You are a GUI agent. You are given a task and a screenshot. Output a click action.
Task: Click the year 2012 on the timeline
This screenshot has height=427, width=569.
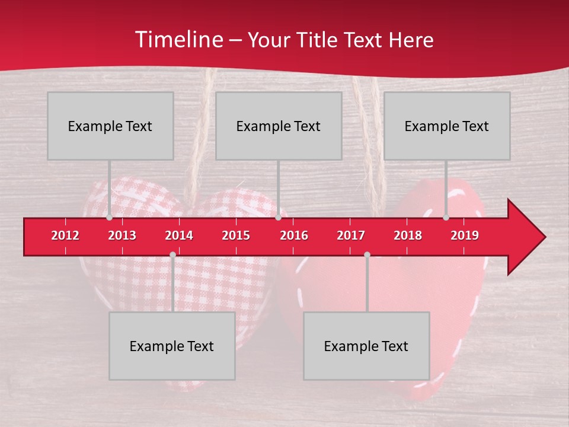[65, 235]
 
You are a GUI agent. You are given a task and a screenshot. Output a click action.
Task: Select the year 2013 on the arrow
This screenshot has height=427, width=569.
[122, 235]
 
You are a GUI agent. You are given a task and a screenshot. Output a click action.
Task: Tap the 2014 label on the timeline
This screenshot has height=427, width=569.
[179, 235]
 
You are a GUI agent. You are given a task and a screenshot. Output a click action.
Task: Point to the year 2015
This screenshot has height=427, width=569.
[236, 235]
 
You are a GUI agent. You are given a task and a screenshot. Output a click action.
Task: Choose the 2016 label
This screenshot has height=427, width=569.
[294, 235]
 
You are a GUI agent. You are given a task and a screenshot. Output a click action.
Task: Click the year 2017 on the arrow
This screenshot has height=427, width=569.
[351, 235]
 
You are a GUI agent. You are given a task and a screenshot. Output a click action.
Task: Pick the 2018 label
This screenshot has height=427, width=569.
[408, 235]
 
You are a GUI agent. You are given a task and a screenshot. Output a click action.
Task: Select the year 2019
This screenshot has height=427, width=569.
[465, 235]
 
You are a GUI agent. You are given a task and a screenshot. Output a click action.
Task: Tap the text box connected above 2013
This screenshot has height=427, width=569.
[110, 126]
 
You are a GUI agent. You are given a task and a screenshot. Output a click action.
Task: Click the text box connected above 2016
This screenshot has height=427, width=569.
[279, 126]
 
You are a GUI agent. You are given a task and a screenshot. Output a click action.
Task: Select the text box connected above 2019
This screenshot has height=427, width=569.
[447, 126]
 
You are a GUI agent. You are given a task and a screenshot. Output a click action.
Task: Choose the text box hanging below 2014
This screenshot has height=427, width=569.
[172, 346]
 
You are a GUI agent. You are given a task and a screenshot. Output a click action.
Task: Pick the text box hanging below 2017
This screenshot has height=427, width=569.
[366, 346]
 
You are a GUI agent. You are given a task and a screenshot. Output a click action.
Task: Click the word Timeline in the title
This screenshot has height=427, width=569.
[178, 40]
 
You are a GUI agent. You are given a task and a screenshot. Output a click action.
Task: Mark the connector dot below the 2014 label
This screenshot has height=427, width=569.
[172, 254]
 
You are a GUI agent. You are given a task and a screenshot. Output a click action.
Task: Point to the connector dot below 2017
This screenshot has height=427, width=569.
[367, 254]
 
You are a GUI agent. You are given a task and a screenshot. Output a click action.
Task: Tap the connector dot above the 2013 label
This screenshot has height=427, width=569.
[109, 218]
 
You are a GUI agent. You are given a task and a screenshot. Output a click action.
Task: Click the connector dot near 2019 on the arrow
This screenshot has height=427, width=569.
[446, 218]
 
